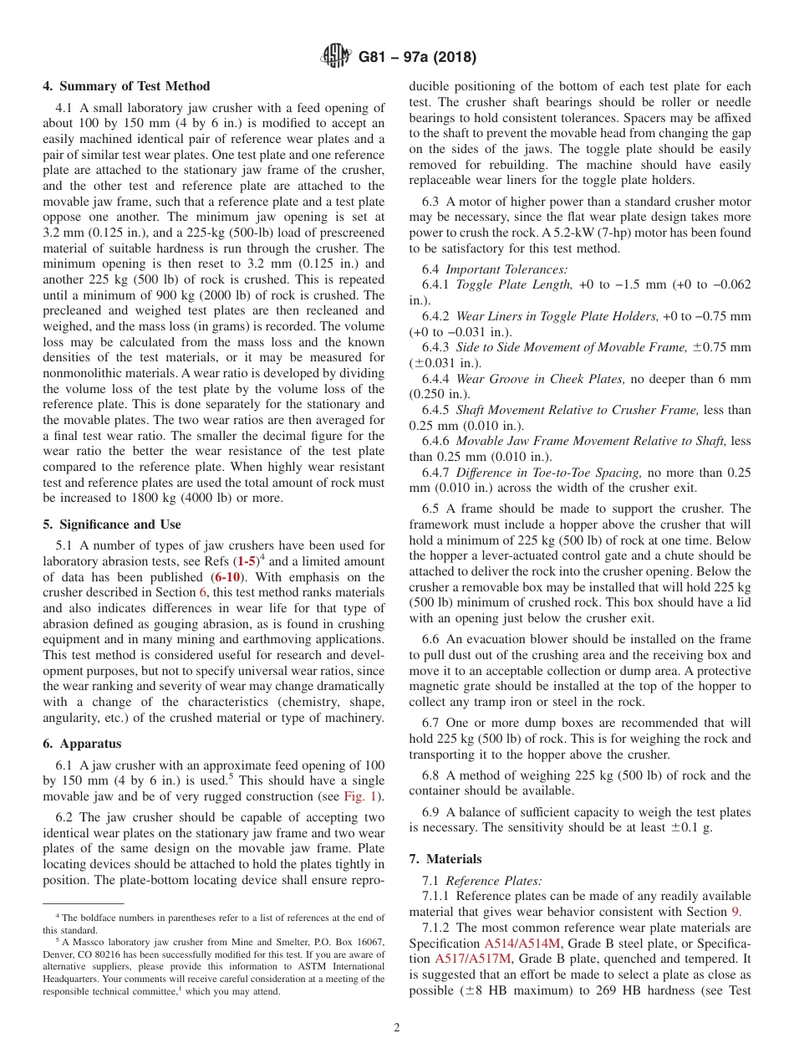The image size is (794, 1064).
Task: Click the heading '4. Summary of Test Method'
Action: coord(126,86)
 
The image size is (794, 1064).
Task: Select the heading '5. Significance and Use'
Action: coord(112,524)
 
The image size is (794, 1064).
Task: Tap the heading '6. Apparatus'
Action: coord(82,744)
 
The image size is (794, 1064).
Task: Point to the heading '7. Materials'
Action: coord(445,859)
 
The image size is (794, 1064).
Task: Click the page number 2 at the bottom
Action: coord(397,1028)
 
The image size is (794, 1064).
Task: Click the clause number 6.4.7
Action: coord(437,473)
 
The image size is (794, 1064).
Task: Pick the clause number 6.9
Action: coord(431,812)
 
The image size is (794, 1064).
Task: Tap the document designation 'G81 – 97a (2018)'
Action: coord(417,58)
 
